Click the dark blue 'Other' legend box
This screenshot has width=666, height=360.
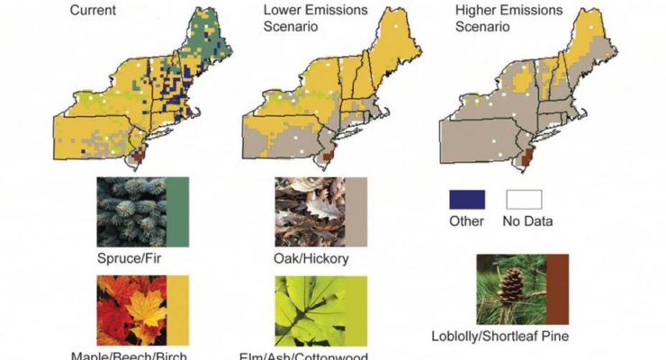(466, 200)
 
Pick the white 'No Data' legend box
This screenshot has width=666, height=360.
(528, 200)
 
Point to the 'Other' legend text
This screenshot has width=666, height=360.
(466, 220)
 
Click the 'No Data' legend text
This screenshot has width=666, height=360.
(529, 220)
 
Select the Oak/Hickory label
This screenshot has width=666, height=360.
(312, 260)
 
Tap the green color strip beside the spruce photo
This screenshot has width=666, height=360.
(177, 211)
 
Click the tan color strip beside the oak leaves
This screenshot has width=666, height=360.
(357, 211)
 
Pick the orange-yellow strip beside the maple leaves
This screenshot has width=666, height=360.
(177, 310)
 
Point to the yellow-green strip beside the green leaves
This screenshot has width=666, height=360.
(357, 310)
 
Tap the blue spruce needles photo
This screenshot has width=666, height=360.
(130, 211)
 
